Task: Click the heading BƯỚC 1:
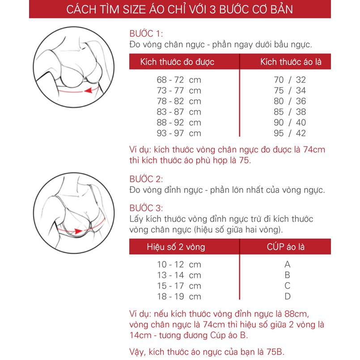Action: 146,34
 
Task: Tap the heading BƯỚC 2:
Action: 146,179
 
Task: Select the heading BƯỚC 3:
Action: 146,208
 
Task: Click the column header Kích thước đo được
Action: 177,62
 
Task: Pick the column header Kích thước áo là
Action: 291,62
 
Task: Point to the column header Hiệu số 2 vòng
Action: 176,247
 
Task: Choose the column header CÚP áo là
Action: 286,247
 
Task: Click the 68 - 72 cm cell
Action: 179,80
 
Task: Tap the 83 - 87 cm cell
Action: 179,112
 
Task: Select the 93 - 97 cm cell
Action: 179,133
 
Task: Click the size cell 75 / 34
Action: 290,90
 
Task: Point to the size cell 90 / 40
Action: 290,123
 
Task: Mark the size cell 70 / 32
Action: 290,80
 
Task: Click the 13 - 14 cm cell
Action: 179,275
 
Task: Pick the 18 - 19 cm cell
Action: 179,296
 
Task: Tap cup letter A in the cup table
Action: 288,264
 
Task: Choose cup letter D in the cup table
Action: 288,296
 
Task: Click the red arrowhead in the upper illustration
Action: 89,90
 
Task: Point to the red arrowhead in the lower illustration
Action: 78,231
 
